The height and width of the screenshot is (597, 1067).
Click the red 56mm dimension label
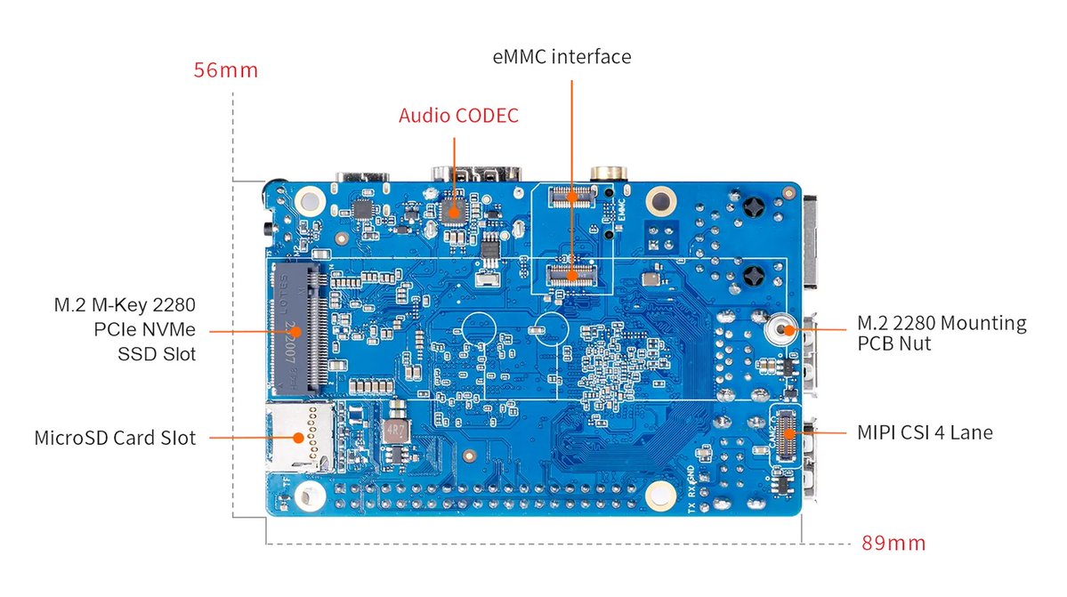[226, 70]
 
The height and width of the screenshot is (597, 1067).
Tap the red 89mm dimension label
[893, 542]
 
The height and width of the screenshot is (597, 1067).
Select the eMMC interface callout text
[562, 57]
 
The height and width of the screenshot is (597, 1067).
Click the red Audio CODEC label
[458, 116]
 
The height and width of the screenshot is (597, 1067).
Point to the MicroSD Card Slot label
[115, 438]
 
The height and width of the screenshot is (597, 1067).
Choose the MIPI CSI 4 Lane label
[925, 433]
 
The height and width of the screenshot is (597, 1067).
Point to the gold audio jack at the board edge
[608, 173]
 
